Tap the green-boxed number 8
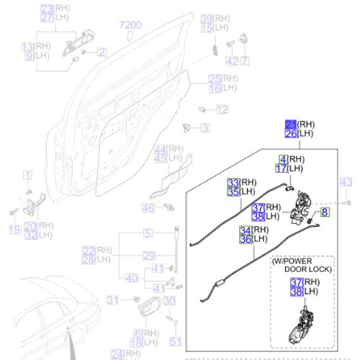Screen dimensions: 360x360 pyautogui.click(x=325, y=212)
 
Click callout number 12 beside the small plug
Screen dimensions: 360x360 pyautogui.click(x=222, y=109)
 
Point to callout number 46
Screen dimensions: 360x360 pyautogui.click(x=148, y=208)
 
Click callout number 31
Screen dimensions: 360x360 pyautogui.click(x=112, y=300)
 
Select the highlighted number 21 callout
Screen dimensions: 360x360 pyautogui.click(x=290, y=124)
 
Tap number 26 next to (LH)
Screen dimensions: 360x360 pyautogui.click(x=290, y=134)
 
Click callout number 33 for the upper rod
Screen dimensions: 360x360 pyautogui.click(x=233, y=182)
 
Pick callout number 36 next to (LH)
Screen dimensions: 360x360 pyautogui.click(x=246, y=240)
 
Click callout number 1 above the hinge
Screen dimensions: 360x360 pyautogui.click(x=27, y=175)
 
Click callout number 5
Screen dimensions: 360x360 pyautogui.click(x=148, y=233)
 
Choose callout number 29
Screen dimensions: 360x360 pyautogui.click(x=148, y=256)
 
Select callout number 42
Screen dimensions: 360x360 pyautogui.click(x=231, y=61)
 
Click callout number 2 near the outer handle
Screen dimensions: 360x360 pyautogui.click(x=102, y=52)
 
